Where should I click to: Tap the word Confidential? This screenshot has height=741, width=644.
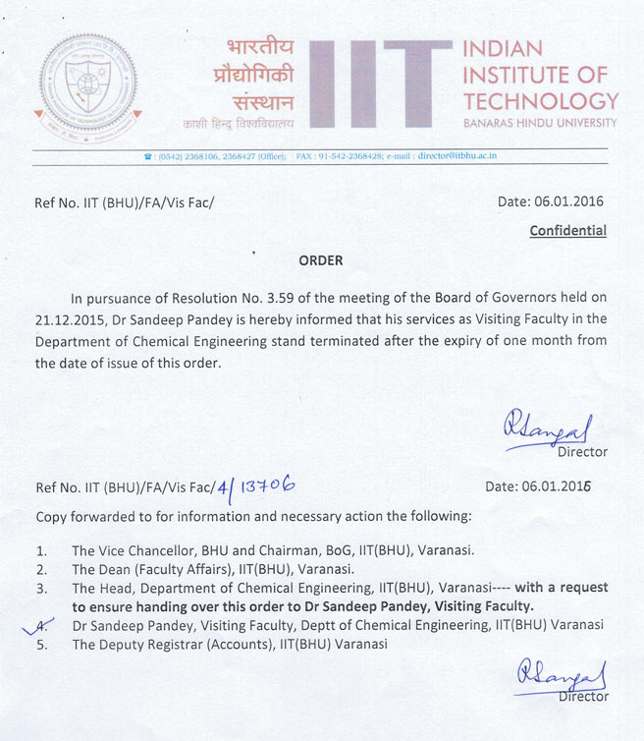click(x=568, y=231)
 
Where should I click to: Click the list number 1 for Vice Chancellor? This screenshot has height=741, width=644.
click(x=41, y=550)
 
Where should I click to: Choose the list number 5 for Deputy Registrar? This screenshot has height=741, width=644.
click(x=41, y=645)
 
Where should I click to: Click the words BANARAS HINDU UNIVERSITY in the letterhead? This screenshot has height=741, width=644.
click(x=541, y=123)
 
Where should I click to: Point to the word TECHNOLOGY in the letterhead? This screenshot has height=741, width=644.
click(x=541, y=100)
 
